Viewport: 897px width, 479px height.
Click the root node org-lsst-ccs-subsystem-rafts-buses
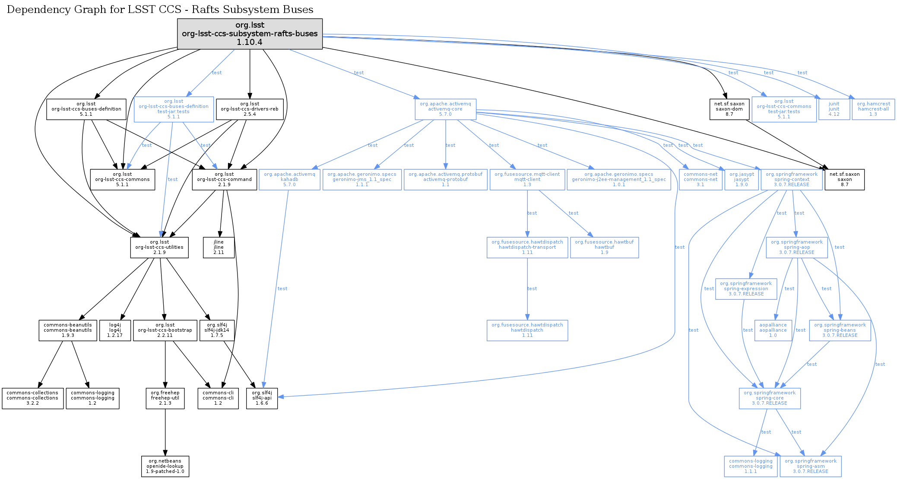tap(250, 34)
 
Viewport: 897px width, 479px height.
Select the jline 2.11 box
tap(219, 247)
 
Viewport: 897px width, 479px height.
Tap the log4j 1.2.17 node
tap(115, 330)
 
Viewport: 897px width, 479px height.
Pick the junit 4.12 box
tap(834, 109)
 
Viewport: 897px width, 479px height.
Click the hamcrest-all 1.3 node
tap(873, 109)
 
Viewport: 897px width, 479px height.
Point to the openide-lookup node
tap(165, 466)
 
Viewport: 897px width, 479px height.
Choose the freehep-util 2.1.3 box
tap(165, 398)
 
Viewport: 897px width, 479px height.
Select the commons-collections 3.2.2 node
tap(32, 398)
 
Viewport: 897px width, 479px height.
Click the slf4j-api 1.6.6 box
tap(262, 398)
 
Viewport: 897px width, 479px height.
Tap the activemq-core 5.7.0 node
tap(445, 109)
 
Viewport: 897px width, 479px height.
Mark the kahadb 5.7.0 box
tap(289, 180)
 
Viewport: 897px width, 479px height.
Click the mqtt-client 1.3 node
tap(527, 180)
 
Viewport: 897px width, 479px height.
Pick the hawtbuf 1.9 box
tap(604, 247)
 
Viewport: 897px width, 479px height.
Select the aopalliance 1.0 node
tap(773, 330)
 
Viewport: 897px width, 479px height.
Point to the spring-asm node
tap(810, 466)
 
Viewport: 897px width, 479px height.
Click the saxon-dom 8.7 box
tap(729, 109)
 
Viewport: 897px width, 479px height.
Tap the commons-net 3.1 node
tap(700, 180)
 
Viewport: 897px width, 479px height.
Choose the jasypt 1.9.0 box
tap(742, 180)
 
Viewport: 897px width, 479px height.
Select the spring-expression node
tap(746, 289)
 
